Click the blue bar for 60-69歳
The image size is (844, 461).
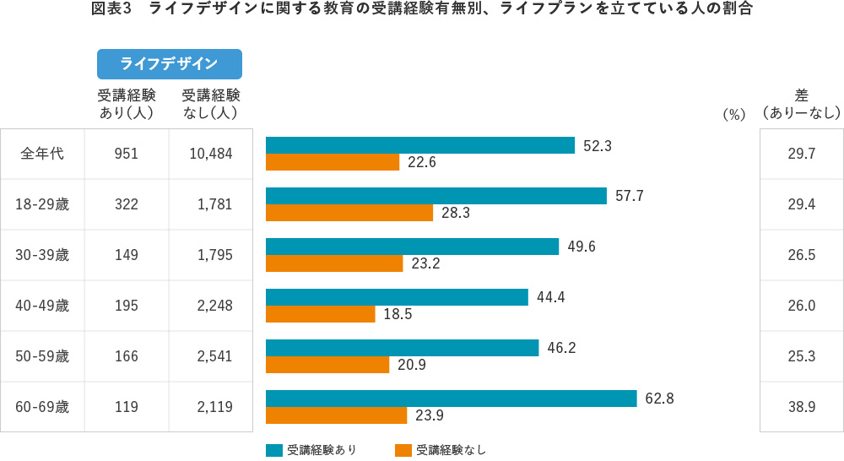451,399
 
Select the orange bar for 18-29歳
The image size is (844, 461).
349,213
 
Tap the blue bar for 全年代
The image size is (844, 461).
419,145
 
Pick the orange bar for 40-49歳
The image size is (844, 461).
320,314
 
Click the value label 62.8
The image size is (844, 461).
659,399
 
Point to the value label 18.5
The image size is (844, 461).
398,314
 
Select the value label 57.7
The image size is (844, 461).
630,196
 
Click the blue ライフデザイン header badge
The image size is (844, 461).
170,63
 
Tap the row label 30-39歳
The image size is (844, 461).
42,255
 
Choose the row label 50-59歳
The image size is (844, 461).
42,356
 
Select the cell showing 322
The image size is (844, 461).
127,204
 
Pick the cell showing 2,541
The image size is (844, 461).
214,356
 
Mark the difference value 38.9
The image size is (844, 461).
801,407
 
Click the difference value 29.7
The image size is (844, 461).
801,154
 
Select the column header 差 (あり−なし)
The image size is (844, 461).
801,103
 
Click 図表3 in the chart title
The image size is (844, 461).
111,10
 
